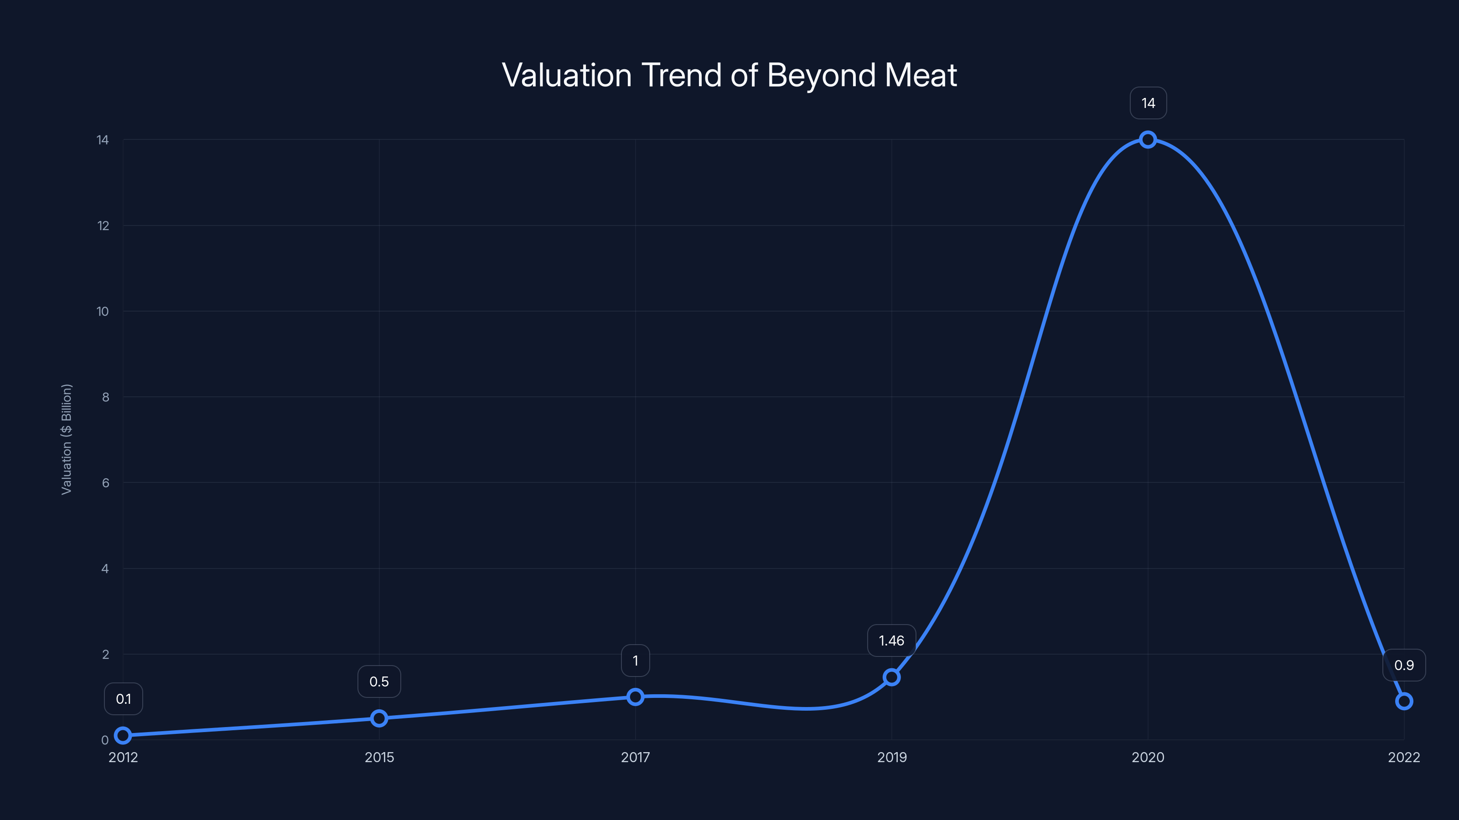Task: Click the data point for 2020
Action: click(x=1148, y=139)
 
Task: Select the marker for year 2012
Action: click(x=123, y=735)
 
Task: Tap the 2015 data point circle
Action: click(x=379, y=718)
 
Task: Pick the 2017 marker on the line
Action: click(x=636, y=697)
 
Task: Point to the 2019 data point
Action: click(x=891, y=677)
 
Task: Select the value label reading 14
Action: click(x=1148, y=103)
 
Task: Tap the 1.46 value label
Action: click(x=891, y=641)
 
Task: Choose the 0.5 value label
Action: click(x=379, y=682)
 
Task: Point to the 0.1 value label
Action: click(x=124, y=699)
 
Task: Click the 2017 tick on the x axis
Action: click(x=636, y=757)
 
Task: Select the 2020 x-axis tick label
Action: click(x=1148, y=757)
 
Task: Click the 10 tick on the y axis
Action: click(x=103, y=311)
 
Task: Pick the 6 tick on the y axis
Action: click(x=105, y=483)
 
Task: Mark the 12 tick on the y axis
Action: click(x=103, y=226)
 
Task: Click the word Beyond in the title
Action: click(x=821, y=75)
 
